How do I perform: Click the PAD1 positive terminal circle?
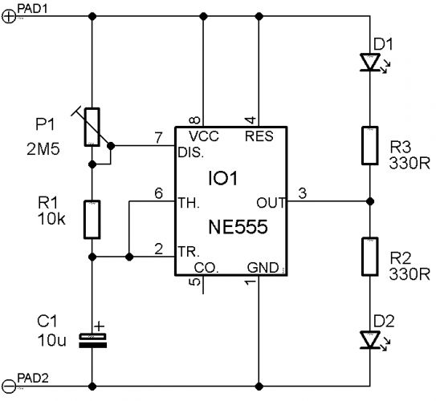(x=9, y=17)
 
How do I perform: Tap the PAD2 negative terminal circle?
(x=9, y=387)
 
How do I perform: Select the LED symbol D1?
(x=373, y=63)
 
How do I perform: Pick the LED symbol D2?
(x=373, y=339)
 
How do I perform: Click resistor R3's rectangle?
(x=370, y=145)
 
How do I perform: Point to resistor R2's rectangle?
(x=370, y=257)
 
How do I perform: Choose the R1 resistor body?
(x=92, y=220)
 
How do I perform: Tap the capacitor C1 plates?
(x=92, y=341)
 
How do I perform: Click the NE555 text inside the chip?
(x=238, y=227)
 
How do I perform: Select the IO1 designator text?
(x=223, y=178)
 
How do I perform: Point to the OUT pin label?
(x=271, y=203)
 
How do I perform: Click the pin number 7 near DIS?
(x=158, y=138)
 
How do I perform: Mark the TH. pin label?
(x=189, y=203)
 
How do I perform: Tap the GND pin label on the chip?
(x=263, y=268)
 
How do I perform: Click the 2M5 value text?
(x=43, y=149)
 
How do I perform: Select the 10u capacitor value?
(x=52, y=340)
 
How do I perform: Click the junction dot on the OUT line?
(x=370, y=201)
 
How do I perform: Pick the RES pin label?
(x=259, y=136)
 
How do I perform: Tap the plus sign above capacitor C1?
(x=99, y=326)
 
